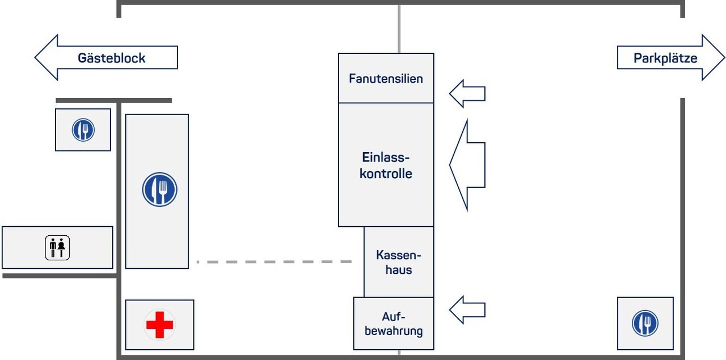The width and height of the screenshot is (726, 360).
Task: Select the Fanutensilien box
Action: pos(386,78)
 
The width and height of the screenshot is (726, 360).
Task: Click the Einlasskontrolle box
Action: pos(386,165)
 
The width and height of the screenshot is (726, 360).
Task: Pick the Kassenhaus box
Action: pos(399,262)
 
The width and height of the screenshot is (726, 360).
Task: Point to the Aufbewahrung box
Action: pos(394,324)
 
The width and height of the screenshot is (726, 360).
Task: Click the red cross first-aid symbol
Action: pos(159,325)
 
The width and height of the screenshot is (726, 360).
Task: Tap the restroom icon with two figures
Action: pos(57,248)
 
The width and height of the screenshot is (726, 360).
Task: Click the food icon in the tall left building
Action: pos(159,189)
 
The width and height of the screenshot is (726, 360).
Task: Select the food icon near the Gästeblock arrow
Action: pos(83,130)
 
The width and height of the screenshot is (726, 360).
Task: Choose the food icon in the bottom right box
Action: pos(645,323)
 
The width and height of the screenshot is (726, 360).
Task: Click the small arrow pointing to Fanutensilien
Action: pos(467,94)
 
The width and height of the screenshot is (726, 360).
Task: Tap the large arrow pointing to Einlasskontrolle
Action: pos(467,165)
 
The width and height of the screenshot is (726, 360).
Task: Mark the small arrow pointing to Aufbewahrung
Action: pos(467,310)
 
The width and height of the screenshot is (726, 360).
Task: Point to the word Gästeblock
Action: pos(112,58)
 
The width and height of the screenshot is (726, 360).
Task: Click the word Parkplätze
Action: pos(665,58)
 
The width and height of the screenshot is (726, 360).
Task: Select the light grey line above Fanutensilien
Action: pos(399,28)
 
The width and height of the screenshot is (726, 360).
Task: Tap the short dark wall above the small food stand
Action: pos(113,101)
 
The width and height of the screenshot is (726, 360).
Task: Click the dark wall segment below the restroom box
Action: pos(60,276)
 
